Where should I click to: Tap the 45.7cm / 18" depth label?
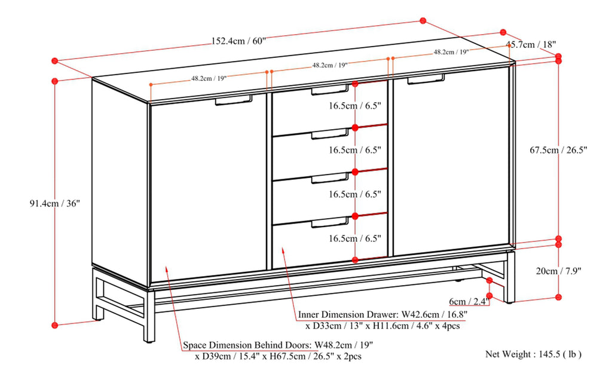pos(531,44)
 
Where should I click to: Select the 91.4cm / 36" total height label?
pos(55,203)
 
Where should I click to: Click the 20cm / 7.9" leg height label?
pos(559,271)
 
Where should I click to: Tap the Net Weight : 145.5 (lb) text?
pos(533,354)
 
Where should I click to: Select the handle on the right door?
pos(426,78)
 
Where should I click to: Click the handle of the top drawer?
pos(329,90)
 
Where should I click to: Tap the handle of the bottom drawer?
pos(329,223)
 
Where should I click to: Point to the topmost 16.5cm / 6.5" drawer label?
pos(354,106)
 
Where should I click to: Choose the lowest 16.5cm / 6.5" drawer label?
pos(354,238)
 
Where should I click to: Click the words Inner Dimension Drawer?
pos(347,314)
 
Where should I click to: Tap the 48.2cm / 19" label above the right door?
pos(451,52)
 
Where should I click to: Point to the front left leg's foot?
pos(149,338)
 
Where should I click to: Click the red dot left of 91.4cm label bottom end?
pos(54,325)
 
